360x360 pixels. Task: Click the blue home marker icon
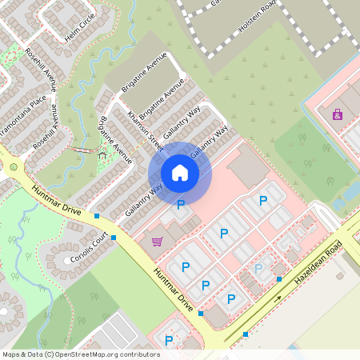[180, 173]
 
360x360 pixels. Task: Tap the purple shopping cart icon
[157, 242]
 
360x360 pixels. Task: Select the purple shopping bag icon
[338, 114]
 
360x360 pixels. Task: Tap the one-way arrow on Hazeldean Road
[279, 298]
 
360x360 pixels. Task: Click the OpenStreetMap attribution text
[81, 354]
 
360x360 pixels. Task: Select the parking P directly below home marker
[181, 205]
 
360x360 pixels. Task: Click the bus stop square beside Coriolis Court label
[114, 238]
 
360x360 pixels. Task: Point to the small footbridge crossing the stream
[80, 150]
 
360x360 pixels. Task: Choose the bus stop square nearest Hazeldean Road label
[279, 278]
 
